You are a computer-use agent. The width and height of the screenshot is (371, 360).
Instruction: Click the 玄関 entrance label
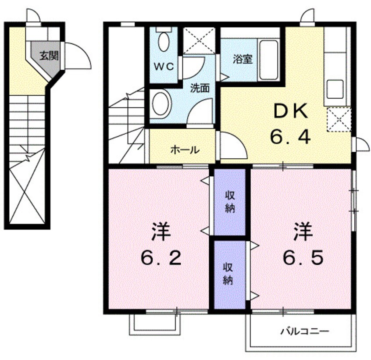(x=49, y=56)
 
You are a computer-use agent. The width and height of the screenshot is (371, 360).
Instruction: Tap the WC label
(x=164, y=67)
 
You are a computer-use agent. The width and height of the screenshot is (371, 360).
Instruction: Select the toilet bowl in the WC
(x=164, y=42)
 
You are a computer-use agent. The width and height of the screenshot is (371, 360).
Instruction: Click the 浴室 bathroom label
(x=243, y=59)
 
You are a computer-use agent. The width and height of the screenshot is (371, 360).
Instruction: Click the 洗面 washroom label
(x=200, y=88)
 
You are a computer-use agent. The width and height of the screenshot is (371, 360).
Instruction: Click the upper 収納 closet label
(x=230, y=202)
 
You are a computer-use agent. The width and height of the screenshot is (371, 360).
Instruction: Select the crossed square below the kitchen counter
(x=339, y=119)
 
